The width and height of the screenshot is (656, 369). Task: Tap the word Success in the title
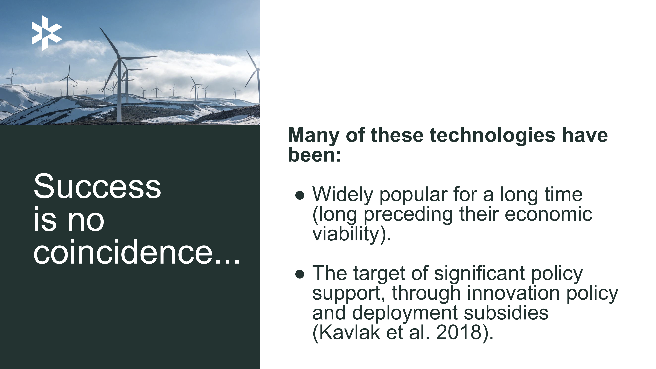[x=97, y=186]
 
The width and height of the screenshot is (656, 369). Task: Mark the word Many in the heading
[x=313, y=136]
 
